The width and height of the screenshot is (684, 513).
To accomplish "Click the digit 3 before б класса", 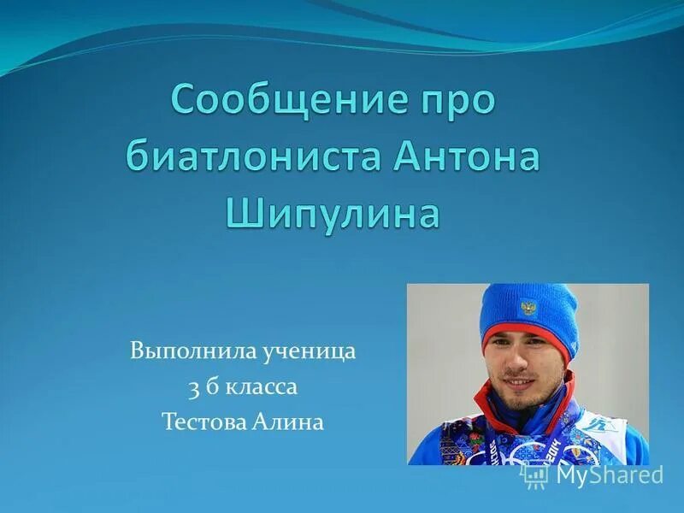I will [193, 386].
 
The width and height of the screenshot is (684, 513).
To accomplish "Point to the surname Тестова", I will [202, 422].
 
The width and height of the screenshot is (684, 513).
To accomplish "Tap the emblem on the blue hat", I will [528, 308].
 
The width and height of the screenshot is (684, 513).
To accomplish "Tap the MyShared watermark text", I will [609, 475].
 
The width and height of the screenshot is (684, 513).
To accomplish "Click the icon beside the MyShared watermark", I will [535, 475].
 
